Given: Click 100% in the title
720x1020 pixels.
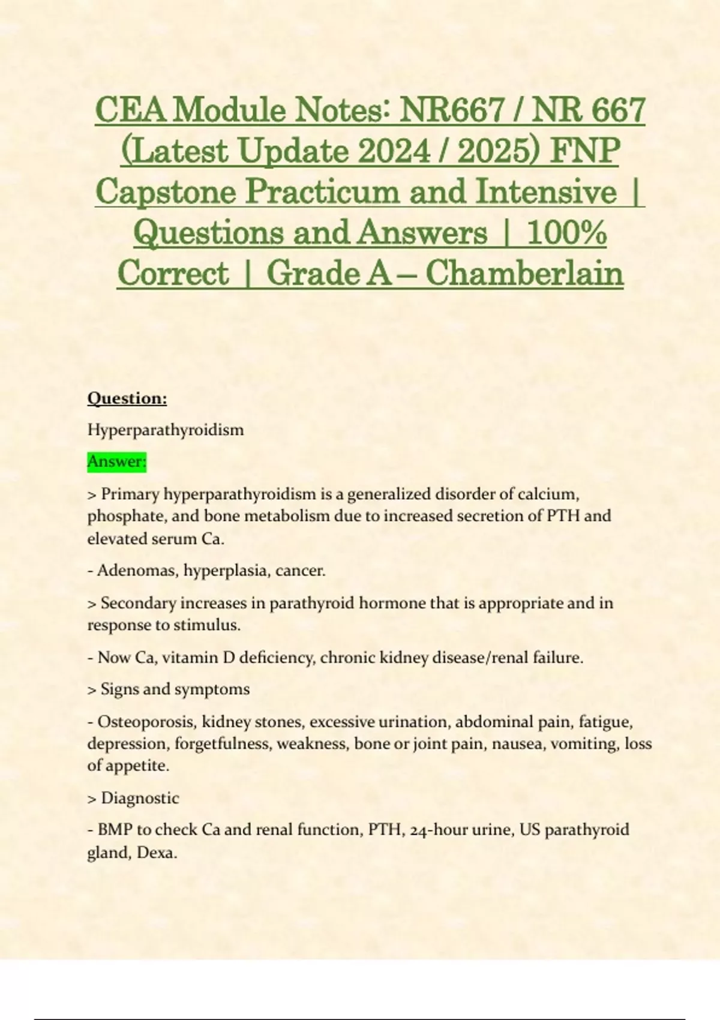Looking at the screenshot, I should pyautogui.click(x=566, y=233).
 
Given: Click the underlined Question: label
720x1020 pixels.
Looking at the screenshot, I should pyautogui.click(x=127, y=398).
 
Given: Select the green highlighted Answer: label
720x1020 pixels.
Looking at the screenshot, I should pyautogui.click(x=117, y=461).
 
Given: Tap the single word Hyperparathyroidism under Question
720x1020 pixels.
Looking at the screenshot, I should pyautogui.click(x=166, y=430).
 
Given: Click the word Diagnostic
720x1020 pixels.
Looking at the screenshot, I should pyautogui.click(x=140, y=797).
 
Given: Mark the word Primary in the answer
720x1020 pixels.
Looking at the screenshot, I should pyautogui.click(x=130, y=494).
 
